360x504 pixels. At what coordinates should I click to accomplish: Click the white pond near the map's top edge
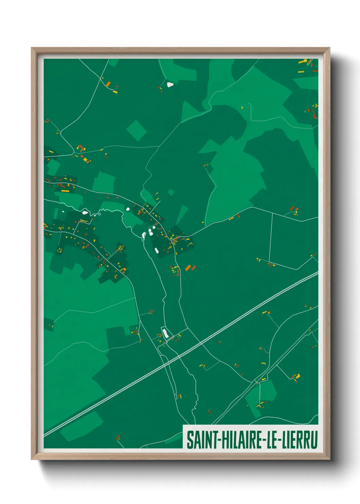pos(170,84)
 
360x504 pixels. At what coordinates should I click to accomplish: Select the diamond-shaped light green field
pos(136,130)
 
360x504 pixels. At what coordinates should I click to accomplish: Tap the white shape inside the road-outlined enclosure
pos(165,333)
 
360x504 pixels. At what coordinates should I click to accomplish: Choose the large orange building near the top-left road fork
pos(108,84)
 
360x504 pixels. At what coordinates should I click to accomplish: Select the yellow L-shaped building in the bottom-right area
pos(298,376)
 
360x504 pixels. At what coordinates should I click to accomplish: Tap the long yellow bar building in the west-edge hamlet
pos(65,191)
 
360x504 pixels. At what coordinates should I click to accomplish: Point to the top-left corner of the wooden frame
pos(32,48)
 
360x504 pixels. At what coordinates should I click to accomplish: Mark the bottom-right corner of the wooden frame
pos(329,459)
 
